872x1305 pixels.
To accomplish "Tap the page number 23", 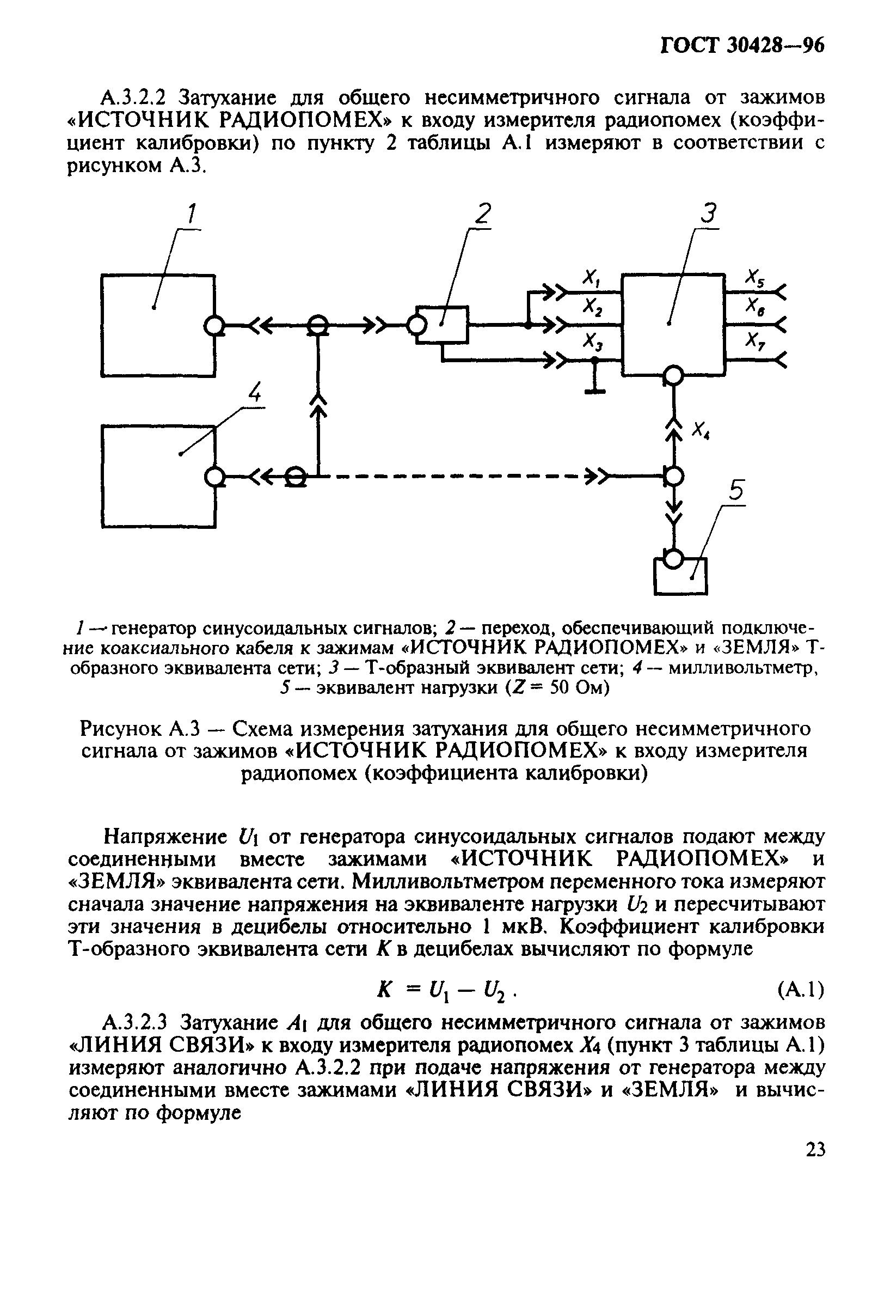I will pyautogui.click(x=815, y=1150).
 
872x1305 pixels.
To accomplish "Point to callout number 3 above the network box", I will pyautogui.click(x=709, y=214).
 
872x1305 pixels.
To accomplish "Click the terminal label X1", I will pyautogui.click(x=591, y=278).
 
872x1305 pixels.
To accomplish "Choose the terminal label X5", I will pyautogui.click(x=754, y=277).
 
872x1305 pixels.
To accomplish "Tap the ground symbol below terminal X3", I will pyautogui.click(x=595, y=389).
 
